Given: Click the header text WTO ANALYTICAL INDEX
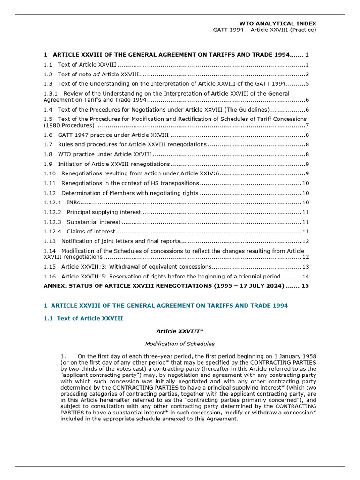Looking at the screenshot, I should (x=277, y=23).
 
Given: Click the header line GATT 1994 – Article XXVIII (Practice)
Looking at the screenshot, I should (x=264, y=30).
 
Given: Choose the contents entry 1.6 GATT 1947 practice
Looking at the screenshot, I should (x=106, y=135).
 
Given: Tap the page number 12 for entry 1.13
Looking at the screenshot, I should (x=305, y=241).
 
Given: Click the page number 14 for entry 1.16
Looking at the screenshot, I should (x=305, y=276).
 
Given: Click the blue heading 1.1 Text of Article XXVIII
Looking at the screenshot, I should (x=83, y=318).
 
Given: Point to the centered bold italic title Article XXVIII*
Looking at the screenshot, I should (x=180, y=331).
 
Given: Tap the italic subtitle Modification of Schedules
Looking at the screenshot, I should (x=180, y=344).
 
